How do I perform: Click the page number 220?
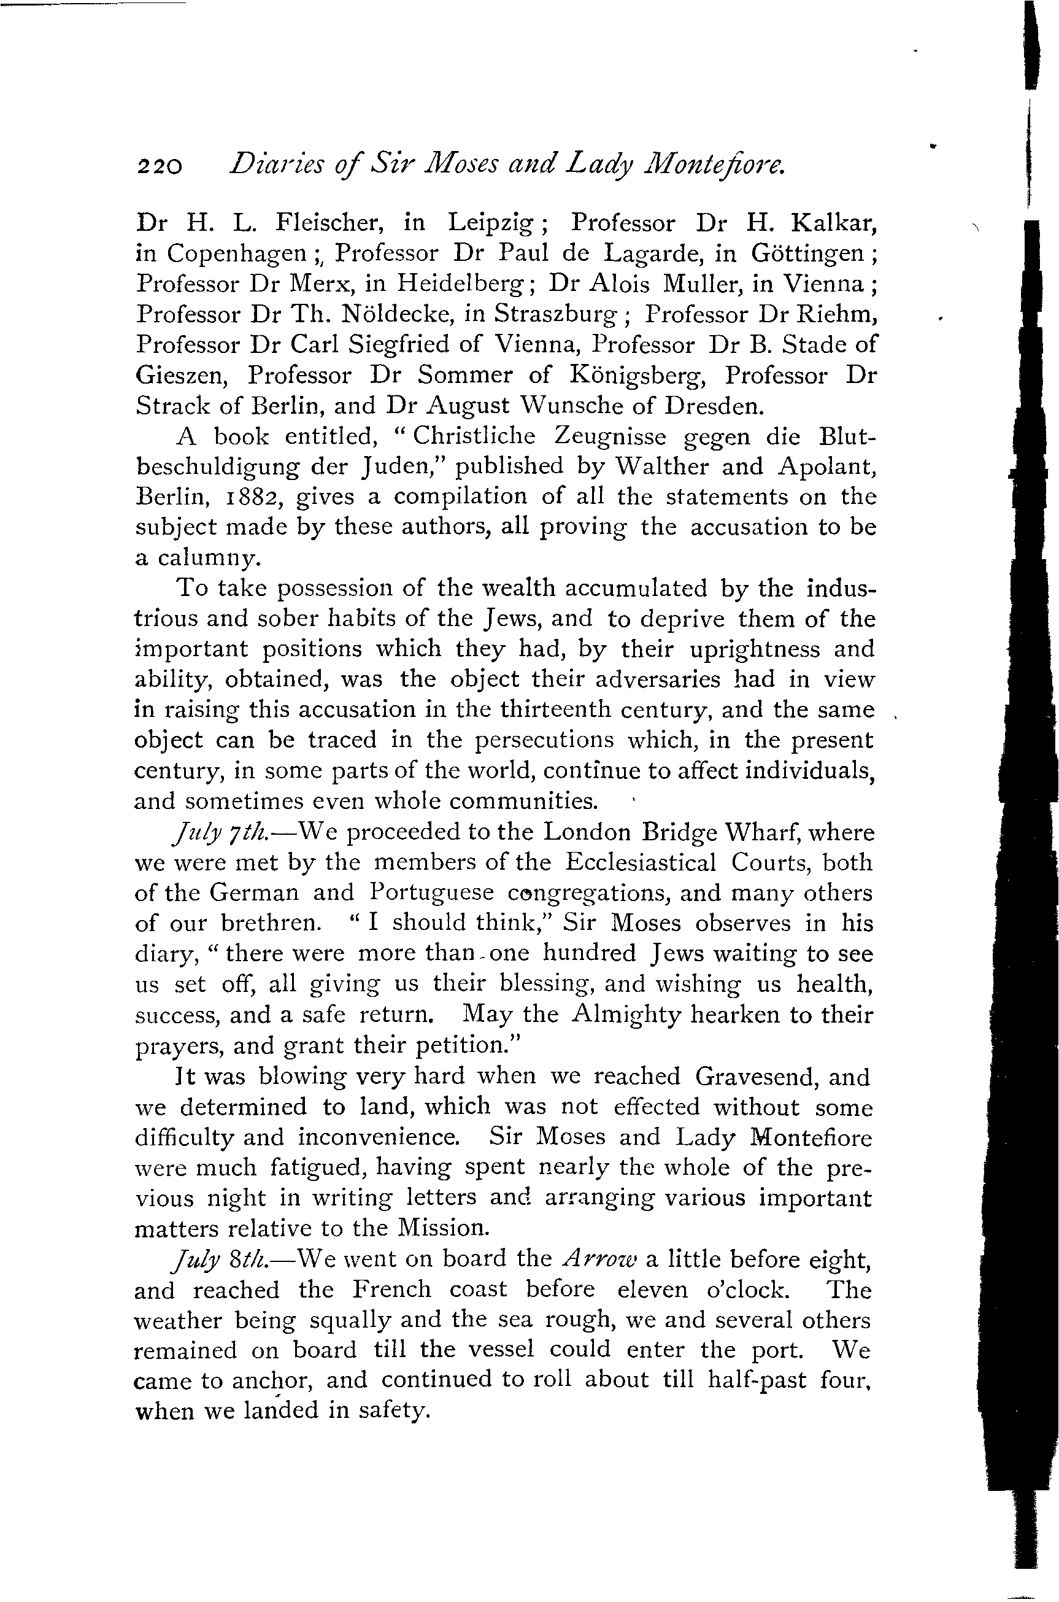click(x=160, y=166)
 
